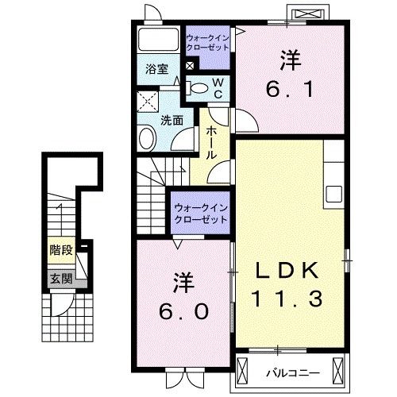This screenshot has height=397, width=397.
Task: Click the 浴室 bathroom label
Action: tap(156, 69)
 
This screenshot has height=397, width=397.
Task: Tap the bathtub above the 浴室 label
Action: tap(157, 40)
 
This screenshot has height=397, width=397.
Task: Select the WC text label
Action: tap(216, 87)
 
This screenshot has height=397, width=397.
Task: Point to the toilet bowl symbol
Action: tap(200, 88)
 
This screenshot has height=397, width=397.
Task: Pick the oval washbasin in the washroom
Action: tap(148, 140)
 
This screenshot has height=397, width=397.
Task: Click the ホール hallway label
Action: tap(212, 142)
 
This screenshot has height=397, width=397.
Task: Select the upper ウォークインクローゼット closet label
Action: tap(208, 41)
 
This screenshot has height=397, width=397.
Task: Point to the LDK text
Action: tap(287, 271)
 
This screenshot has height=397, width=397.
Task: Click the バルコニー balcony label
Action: tap(288, 369)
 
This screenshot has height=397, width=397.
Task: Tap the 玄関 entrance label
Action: tap(60, 278)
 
